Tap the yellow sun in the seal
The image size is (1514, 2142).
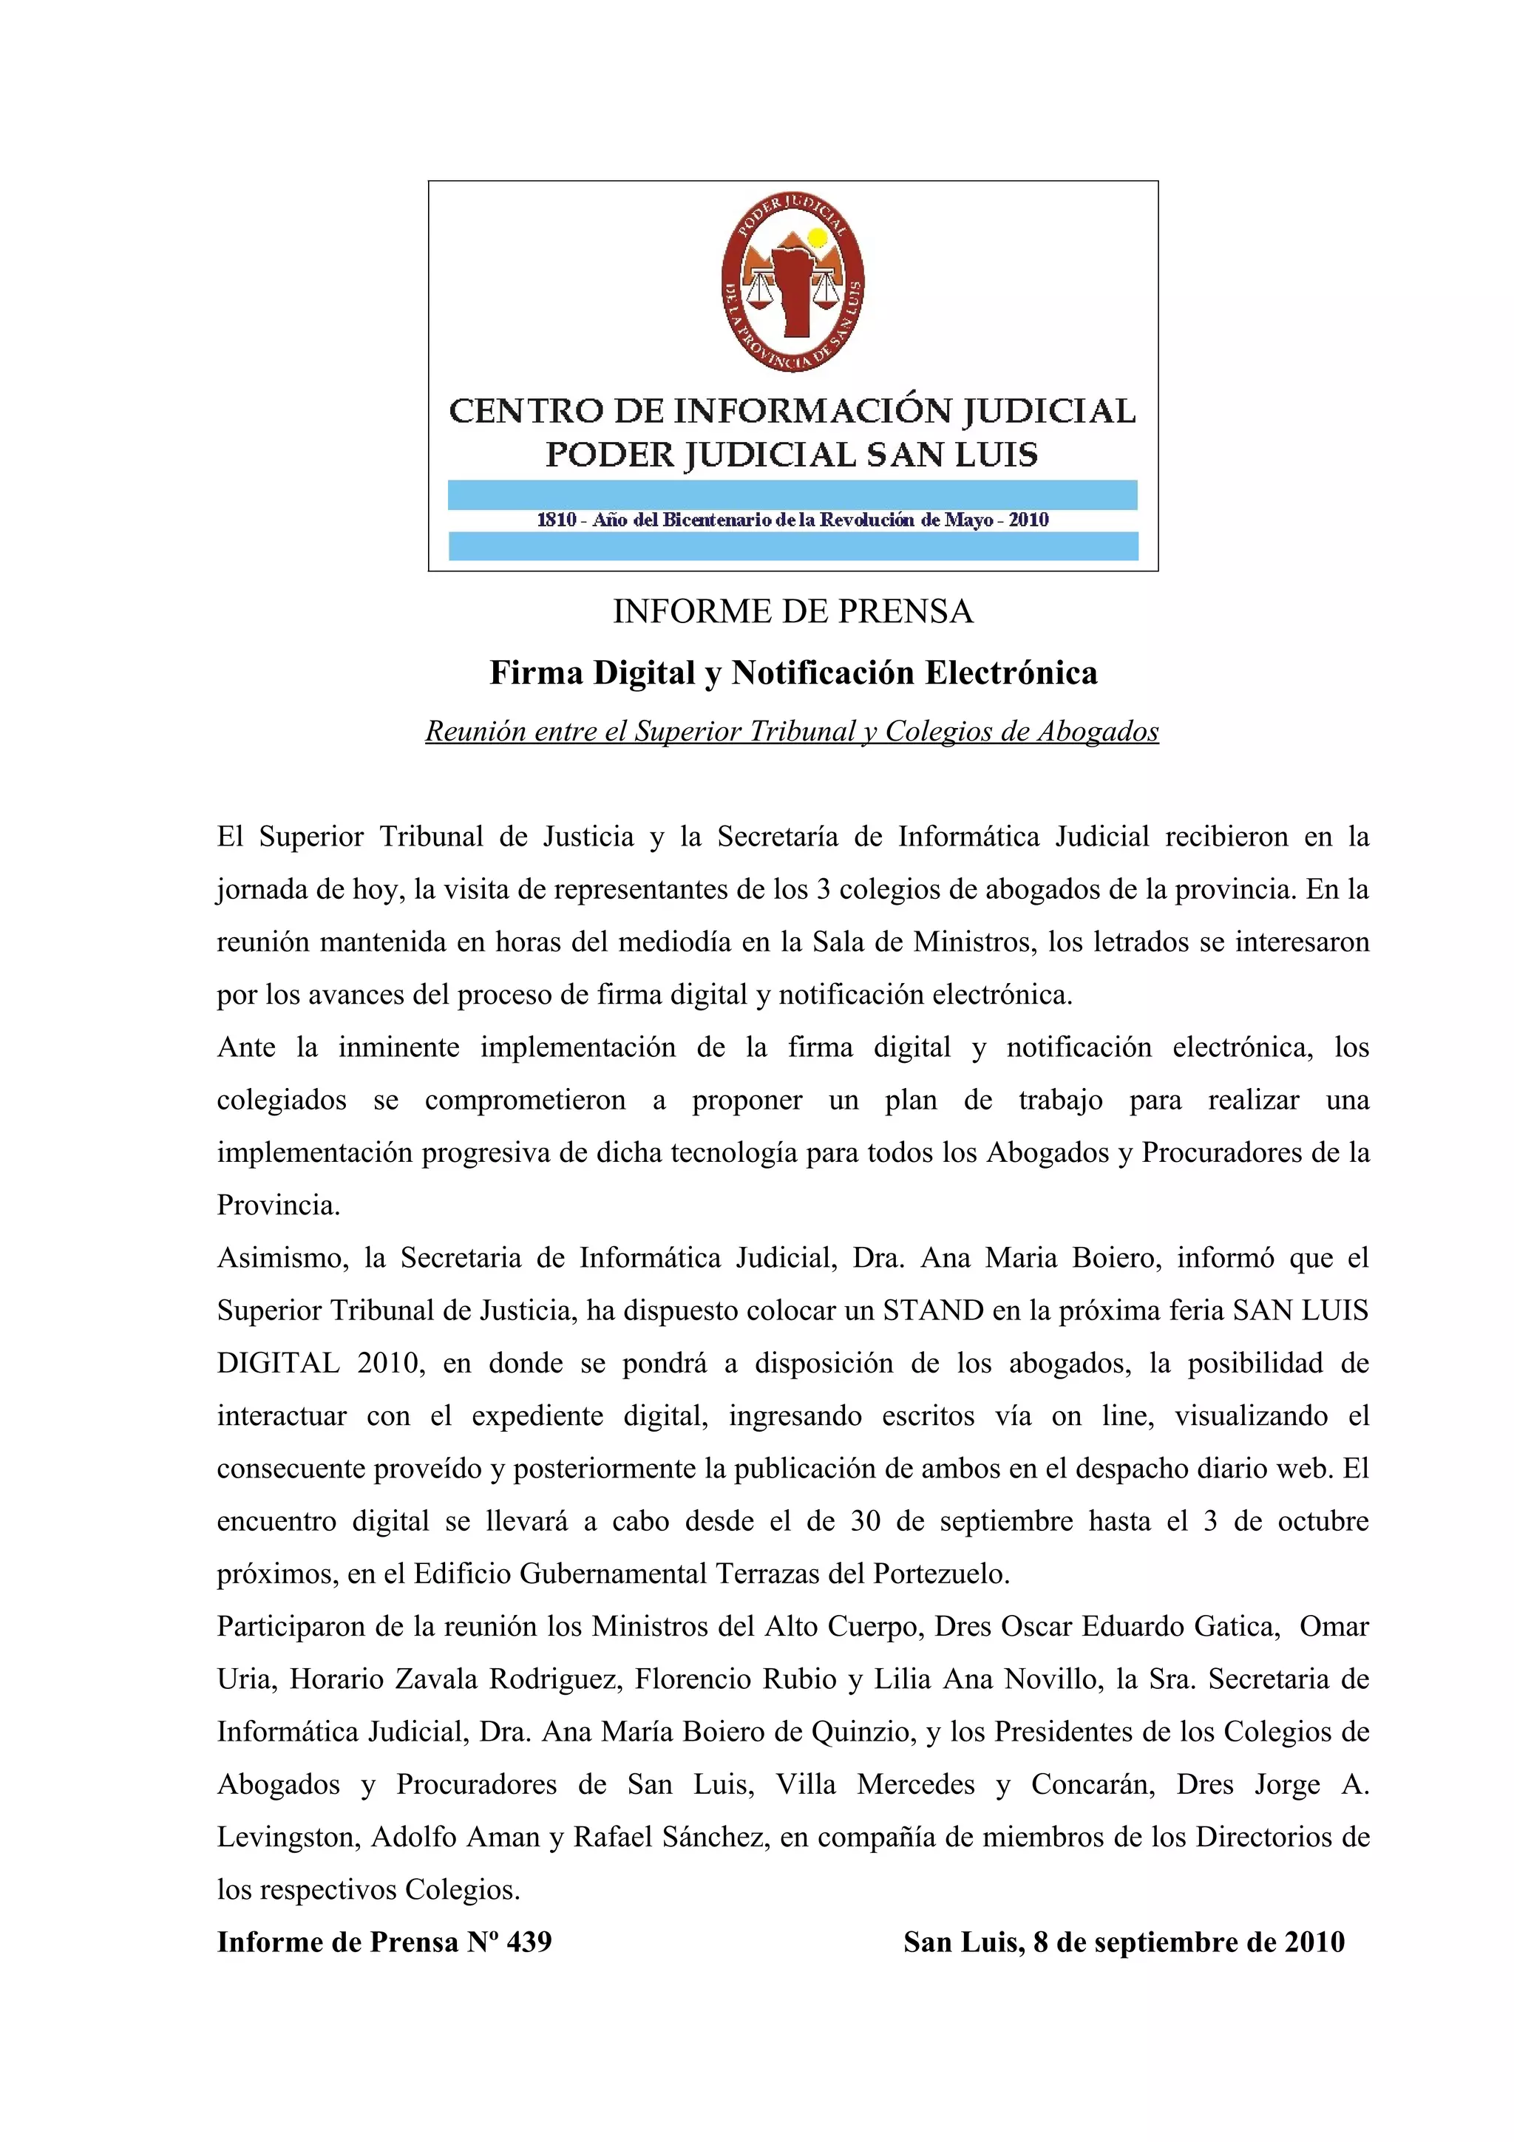point(817,238)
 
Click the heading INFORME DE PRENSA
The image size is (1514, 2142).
point(792,612)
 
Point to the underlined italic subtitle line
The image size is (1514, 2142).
point(792,732)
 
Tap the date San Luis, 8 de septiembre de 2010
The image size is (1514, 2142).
point(1123,1942)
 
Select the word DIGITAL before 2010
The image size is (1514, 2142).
point(278,1363)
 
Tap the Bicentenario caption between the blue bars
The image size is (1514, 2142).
point(792,520)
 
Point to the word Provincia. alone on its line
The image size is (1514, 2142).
point(278,1206)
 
